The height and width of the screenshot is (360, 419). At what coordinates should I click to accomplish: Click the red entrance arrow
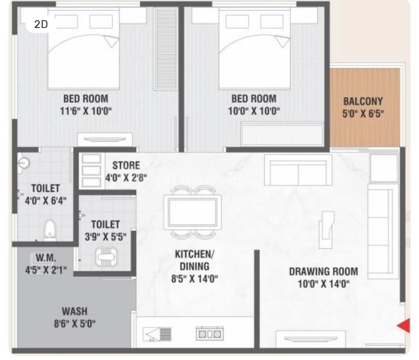(404, 325)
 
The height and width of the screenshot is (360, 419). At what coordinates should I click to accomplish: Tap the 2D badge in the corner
(41, 24)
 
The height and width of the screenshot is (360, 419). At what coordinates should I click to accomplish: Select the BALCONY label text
(363, 102)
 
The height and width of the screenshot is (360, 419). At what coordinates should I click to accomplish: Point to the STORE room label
(126, 166)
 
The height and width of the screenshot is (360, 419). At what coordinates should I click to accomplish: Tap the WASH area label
(75, 311)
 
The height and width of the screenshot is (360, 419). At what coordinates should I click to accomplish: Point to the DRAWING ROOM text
(324, 271)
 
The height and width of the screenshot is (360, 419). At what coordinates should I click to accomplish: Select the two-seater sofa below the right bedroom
(298, 170)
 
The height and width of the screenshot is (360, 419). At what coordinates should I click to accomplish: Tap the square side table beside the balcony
(384, 168)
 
